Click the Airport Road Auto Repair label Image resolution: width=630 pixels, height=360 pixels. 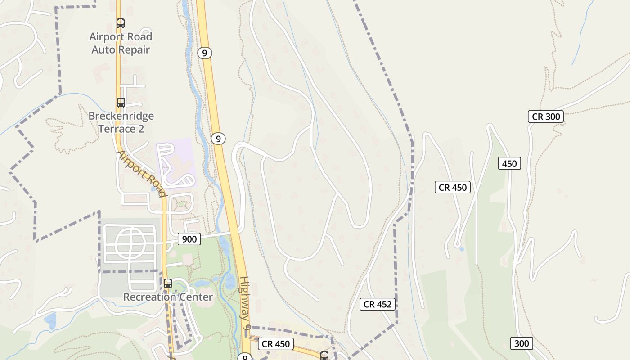[x=121, y=43]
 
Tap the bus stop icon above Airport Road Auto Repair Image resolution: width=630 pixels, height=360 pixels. [x=121, y=23]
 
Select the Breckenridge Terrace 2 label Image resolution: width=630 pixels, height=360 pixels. [x=121, y=122]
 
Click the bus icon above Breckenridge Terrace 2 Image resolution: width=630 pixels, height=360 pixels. [x=121, y=103]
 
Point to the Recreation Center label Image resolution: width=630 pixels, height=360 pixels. [x=168, y=297]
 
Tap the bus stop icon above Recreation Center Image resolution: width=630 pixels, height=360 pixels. [x=168, y=283]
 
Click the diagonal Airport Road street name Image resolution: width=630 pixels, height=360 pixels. [x=142, y=174]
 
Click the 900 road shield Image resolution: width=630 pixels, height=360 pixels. [x=189, y=239]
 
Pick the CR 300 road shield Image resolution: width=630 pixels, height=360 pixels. [x=546, y=117]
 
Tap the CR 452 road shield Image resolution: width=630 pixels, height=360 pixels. [x=378, y=304]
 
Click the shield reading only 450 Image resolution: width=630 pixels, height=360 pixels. [x=509, y=163]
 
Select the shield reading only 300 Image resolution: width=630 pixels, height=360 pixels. [x=522, y=343]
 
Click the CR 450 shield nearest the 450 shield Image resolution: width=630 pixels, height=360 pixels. [x=453, y=187]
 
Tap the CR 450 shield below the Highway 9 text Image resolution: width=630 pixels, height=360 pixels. [x=276, y=344]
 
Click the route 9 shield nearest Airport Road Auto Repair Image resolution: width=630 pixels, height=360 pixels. [x=204, y=53]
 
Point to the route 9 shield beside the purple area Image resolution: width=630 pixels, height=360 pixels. [x=218, y=139]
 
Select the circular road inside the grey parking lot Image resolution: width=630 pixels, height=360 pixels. [x=130, y=245]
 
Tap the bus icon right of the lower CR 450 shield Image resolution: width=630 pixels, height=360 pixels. [x=324, y=356]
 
